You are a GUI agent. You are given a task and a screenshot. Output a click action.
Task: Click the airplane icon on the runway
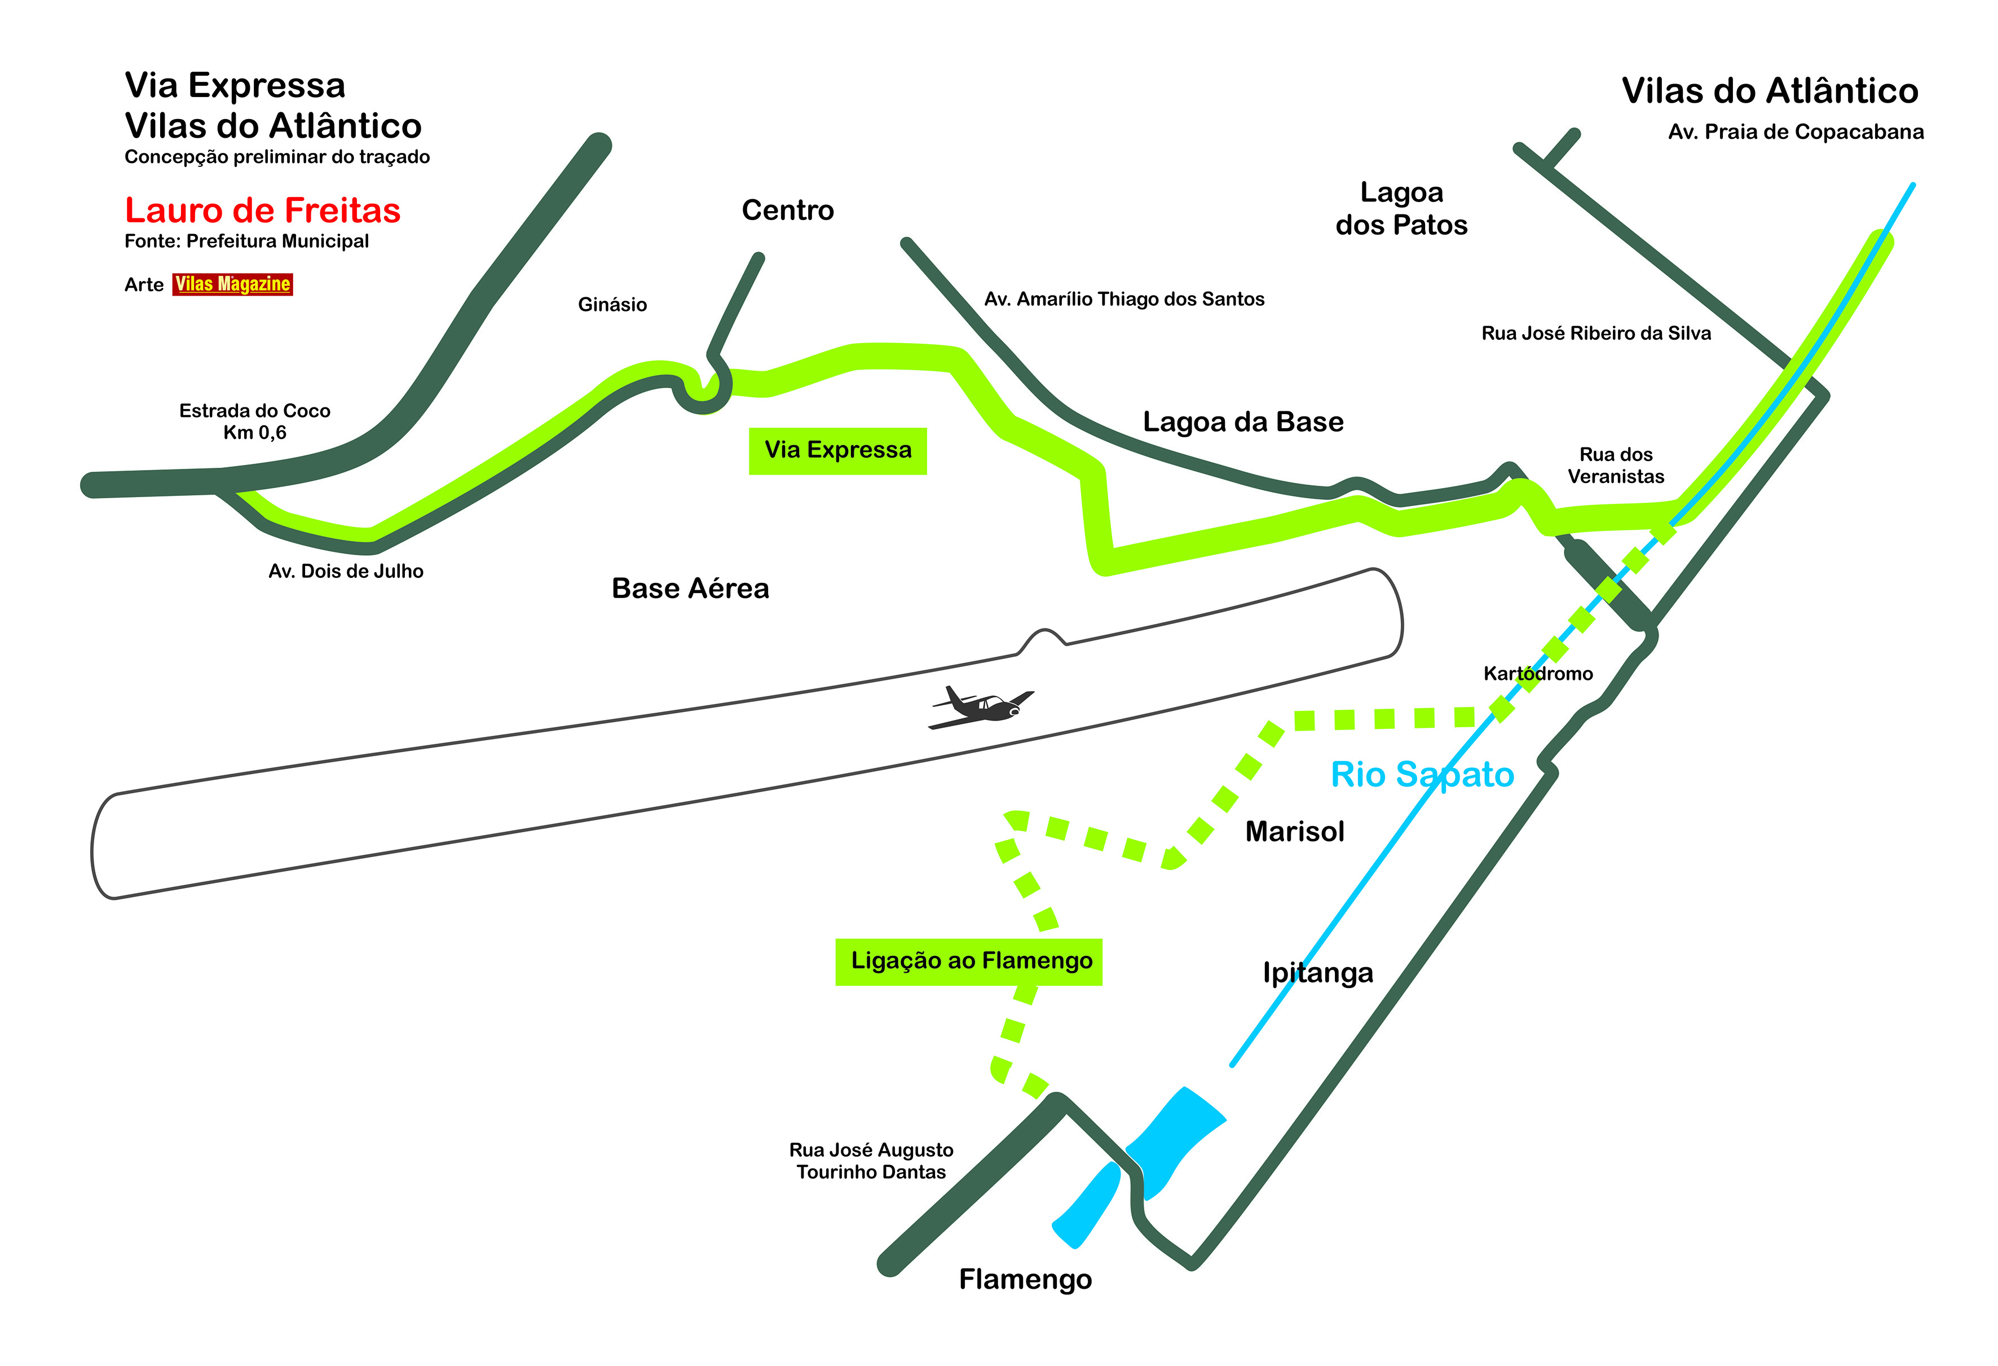(x=982, y=707)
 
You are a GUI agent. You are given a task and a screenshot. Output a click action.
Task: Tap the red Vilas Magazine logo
(x=232, y=284)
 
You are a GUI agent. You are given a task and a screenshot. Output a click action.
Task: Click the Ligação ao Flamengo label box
(x=969, y=961)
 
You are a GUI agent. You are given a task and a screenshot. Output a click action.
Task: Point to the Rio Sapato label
(x=1422, y=774)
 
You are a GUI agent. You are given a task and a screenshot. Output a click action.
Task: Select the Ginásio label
(x=612, y=305)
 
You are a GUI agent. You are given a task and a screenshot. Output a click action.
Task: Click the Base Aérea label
(x=690, y=588)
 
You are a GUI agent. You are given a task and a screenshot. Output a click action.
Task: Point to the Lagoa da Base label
(x=1242, y=421)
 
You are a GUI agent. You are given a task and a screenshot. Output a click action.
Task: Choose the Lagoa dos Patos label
(x=1401, y=208)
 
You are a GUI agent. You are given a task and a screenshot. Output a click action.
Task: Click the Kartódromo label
(x=1538, y=674)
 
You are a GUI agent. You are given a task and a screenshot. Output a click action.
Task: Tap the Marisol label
(x=1295, y=831)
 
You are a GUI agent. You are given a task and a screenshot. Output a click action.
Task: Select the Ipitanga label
(x=1318, y=972)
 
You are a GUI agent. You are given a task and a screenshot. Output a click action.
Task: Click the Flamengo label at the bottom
(x=1025, y=1279)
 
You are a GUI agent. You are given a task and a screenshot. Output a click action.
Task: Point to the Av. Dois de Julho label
(x=346, y=571)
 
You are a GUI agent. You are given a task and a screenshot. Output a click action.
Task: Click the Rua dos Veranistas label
(x=1616, y=465)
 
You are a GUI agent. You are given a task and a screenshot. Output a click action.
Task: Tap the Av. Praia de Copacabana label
(x=1796, y=131)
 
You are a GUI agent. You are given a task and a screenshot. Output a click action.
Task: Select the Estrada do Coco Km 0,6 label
(x=254, y=421)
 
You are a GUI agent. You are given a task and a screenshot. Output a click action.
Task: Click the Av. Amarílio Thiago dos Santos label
(x=1124, y=300)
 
